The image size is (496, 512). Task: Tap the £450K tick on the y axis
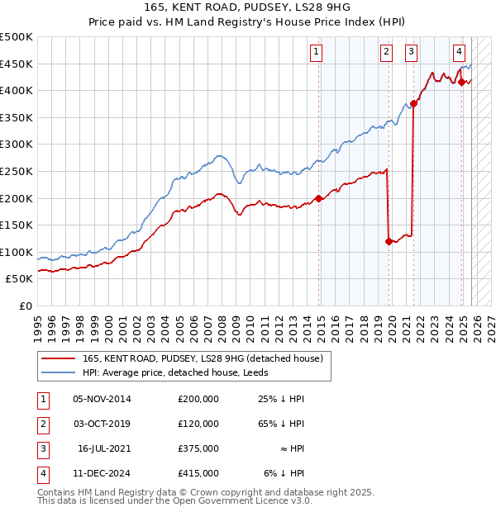pos(17,64)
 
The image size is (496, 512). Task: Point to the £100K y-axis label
pos(17,253)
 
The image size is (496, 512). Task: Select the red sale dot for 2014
pos(319,198)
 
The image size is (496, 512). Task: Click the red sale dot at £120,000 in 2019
pos(389,241)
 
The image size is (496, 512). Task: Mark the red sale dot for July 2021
pos(414,103)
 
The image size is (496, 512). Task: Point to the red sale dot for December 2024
pos(462,82)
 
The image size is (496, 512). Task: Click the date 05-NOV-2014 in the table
pos(102,399)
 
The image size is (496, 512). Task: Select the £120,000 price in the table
pos(198,424)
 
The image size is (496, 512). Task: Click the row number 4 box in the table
pos(41,473)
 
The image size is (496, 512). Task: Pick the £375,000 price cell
pos(198,448)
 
